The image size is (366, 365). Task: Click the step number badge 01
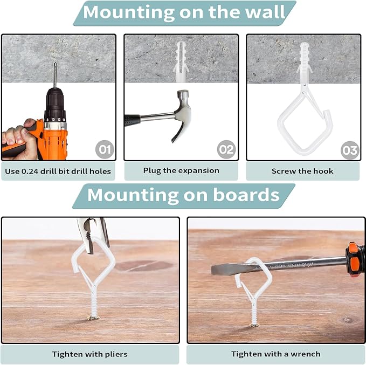tap(105, 149)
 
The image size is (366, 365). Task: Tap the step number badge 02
tap(226, 149)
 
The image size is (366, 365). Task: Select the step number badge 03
tap(350, 150)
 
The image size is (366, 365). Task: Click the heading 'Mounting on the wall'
tap(184, 12)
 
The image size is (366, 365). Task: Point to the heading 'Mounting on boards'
tap(183, 195)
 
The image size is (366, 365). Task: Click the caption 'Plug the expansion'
tap(181, 170)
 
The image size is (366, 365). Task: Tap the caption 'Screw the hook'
tap(302, 171)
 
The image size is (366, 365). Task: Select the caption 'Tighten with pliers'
tap(90, 354)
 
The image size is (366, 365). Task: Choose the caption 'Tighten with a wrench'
tap(275, 354)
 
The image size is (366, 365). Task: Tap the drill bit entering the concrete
tap(55, 75)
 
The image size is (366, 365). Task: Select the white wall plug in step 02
tap(181, 61)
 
